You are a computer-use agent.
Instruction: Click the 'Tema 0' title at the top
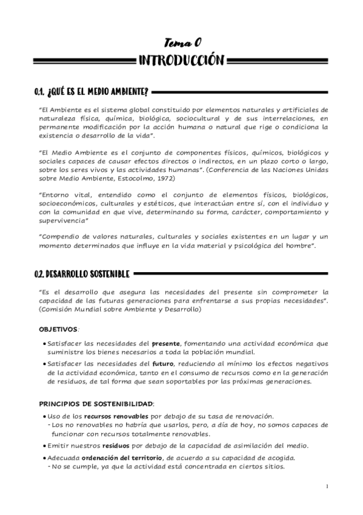point(181,41)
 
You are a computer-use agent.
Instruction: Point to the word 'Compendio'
point(60,235)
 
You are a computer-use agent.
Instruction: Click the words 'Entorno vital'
point(63,194)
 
